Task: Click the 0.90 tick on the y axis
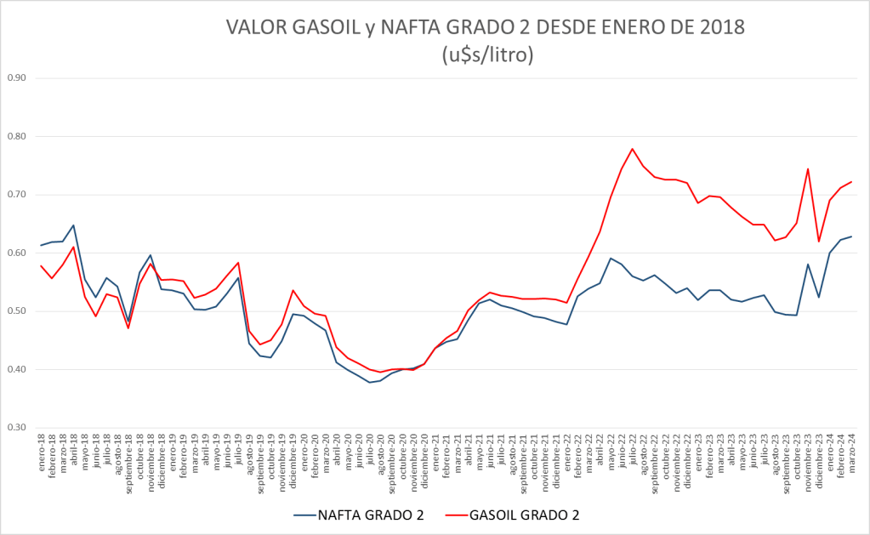pos(16,78)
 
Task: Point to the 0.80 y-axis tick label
pos(16,136)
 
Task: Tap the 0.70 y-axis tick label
pos(16,195)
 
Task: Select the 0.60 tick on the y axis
pos(16,253)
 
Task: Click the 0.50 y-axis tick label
pos(16,311)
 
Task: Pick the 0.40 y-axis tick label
pos(16,369)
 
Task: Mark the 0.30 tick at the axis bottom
pos(16,428)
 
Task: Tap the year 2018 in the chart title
pos(720,28)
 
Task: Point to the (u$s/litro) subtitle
pos(487,55)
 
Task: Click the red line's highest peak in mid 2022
pos(632,149)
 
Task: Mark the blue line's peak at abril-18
pos(73,225)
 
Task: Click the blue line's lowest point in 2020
pos(369,383)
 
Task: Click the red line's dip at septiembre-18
pos(128,327)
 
